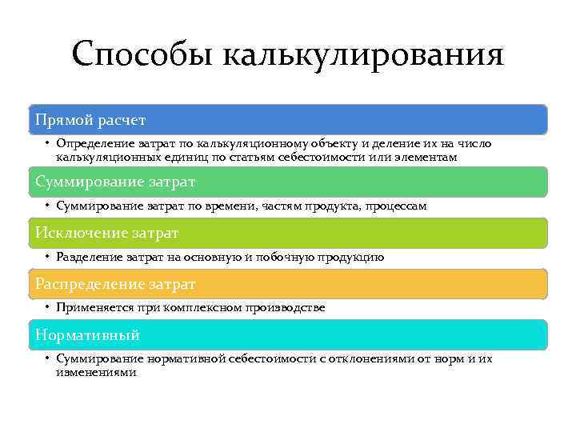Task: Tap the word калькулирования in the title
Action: [x=362, y=56]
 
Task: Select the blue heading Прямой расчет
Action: [x=90, y=120]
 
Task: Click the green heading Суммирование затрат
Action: [x=115, y=182]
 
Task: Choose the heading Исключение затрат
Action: [x=106, y=233]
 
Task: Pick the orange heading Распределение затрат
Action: [x=115, y=284]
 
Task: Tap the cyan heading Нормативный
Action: [x=87, y=334]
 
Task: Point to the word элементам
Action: [x=429, y=158]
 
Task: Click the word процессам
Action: [x=396, y=206]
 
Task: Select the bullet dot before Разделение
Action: [x=48, y=258]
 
